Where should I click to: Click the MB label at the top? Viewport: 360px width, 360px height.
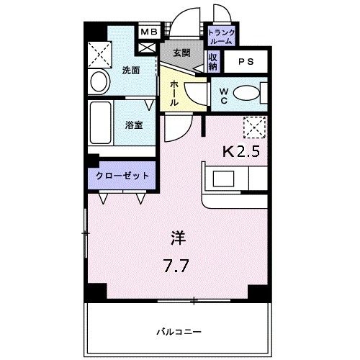click(x=148, y=32)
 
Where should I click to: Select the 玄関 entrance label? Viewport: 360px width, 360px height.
click(x=182, y=53)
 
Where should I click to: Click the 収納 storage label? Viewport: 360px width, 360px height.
click(x=214, y=60)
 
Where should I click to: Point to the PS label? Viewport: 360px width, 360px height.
click(x=247, y=61)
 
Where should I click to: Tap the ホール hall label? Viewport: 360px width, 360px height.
click(x=175, y=93)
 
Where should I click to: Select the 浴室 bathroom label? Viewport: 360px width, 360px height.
click(x=133, y=125)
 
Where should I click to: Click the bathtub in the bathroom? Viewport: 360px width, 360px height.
click(x=102, y=124)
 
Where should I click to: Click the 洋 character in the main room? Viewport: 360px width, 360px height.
click(x=177, y=238)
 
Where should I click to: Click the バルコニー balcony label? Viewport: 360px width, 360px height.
click(x=177, y=332)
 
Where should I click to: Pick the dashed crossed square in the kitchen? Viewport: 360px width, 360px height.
click(x=254, y=127)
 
